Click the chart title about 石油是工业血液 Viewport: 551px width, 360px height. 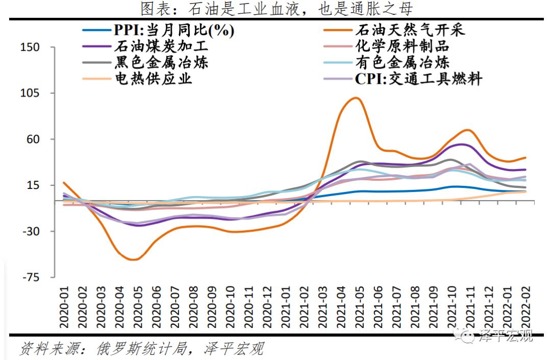275,9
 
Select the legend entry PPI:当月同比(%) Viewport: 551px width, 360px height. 173,30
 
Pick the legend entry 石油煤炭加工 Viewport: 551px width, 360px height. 161,46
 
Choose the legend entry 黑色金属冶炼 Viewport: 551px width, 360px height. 161,63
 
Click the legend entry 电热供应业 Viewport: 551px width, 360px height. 153,79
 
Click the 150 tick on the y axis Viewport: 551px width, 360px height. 30,47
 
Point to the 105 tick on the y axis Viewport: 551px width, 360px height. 30,93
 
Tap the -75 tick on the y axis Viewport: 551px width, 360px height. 30,277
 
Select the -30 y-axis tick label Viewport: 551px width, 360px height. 30,231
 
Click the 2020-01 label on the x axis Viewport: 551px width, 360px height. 64,306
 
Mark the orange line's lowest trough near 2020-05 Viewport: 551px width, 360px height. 132,259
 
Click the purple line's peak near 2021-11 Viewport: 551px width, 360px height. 462,144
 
